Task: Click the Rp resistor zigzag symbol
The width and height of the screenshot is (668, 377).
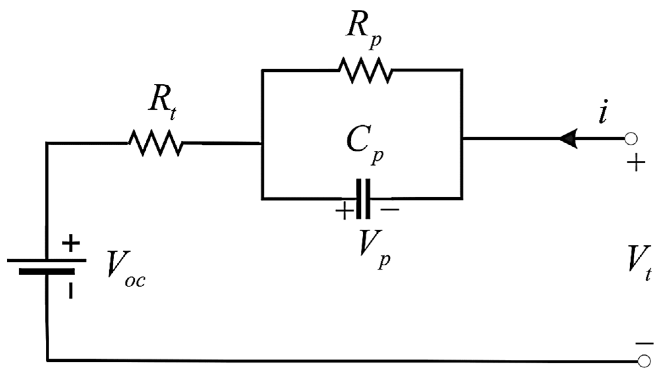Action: point(366,70)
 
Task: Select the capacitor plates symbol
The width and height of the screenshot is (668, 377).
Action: point(363,199)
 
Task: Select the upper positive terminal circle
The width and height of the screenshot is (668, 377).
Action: point(631,139)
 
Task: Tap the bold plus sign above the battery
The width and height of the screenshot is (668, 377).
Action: point(71,243)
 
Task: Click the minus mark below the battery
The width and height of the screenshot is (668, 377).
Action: point(70,291)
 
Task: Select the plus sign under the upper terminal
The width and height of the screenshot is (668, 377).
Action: point(636,163)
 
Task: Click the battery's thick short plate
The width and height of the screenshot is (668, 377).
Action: point(47,271)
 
